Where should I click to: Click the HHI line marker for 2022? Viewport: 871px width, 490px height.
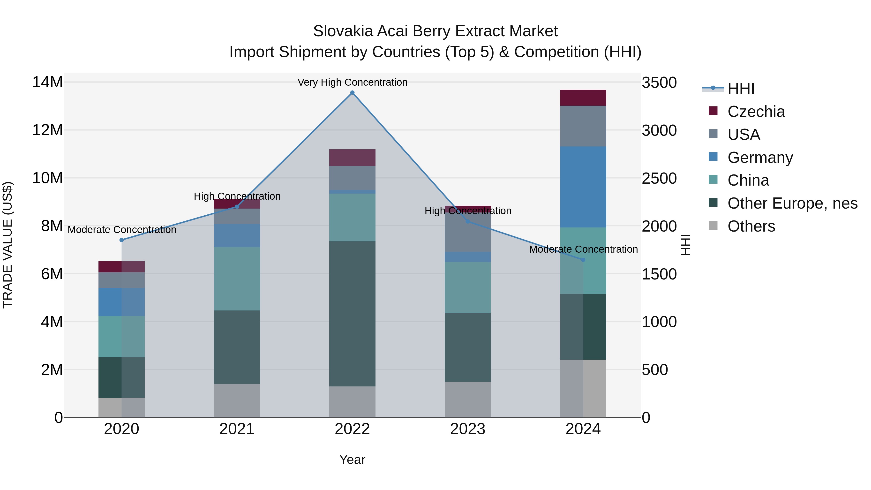[352, 93]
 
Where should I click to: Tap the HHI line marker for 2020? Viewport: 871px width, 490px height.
[122, 240]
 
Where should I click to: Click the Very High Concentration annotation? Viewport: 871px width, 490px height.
[352, 83]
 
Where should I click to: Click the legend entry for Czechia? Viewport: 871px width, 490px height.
[756, 112]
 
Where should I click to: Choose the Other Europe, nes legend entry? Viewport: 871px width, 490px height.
[792, 204]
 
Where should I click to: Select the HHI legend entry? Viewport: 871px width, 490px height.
[741, 89]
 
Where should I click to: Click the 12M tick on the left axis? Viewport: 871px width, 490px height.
[47, 130]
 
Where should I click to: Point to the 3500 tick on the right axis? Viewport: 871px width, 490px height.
[659, 83]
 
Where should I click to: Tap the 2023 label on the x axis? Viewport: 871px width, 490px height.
[468, 429]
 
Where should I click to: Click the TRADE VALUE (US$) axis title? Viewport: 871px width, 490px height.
[8, 245]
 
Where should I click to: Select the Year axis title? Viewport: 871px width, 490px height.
[352, 460]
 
